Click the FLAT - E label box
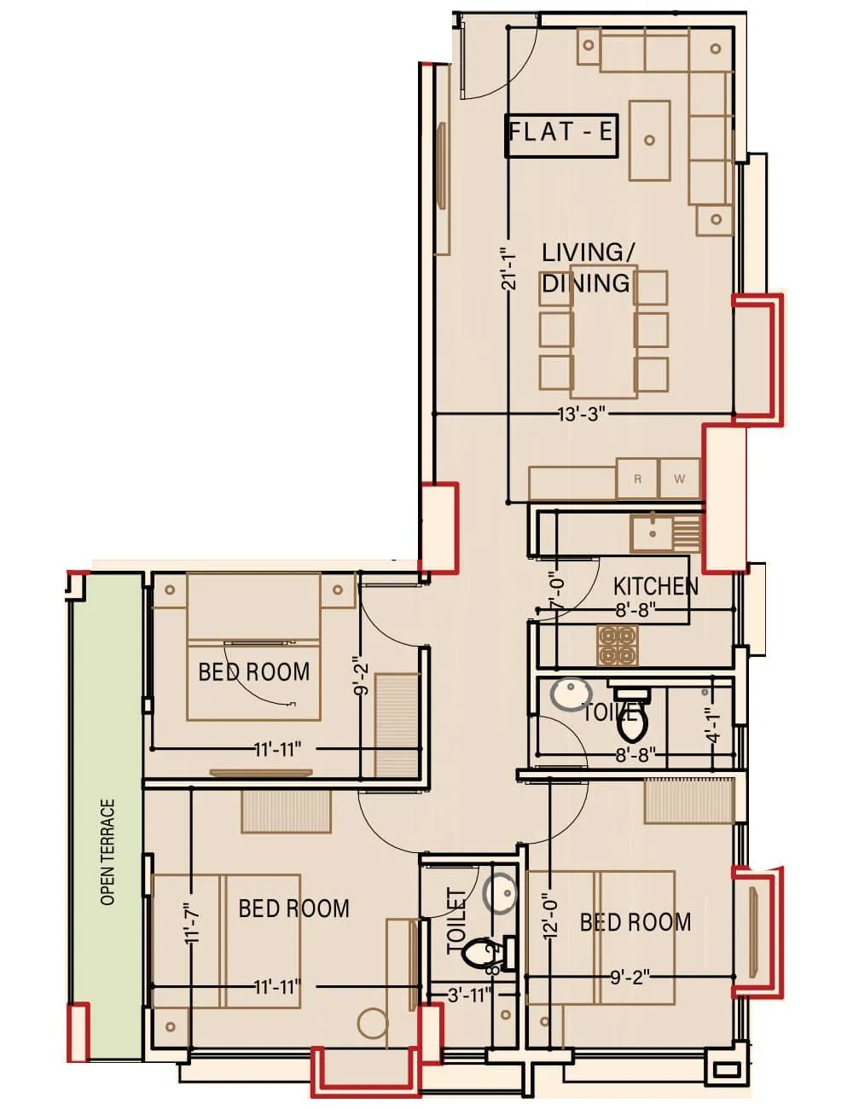point(560,136)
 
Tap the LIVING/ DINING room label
point(588,267)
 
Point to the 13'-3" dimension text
point(582,415)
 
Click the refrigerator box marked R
point(637,479)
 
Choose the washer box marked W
point(679,479)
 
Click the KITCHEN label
point(655,586)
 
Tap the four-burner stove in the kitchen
point(618,645)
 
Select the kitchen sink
point(650,534)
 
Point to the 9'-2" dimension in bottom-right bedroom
point(630,978)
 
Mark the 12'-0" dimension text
point(550,914)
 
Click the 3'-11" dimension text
point(470,995)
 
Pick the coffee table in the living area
point(649,140)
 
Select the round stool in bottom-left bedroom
point(373,1024)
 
